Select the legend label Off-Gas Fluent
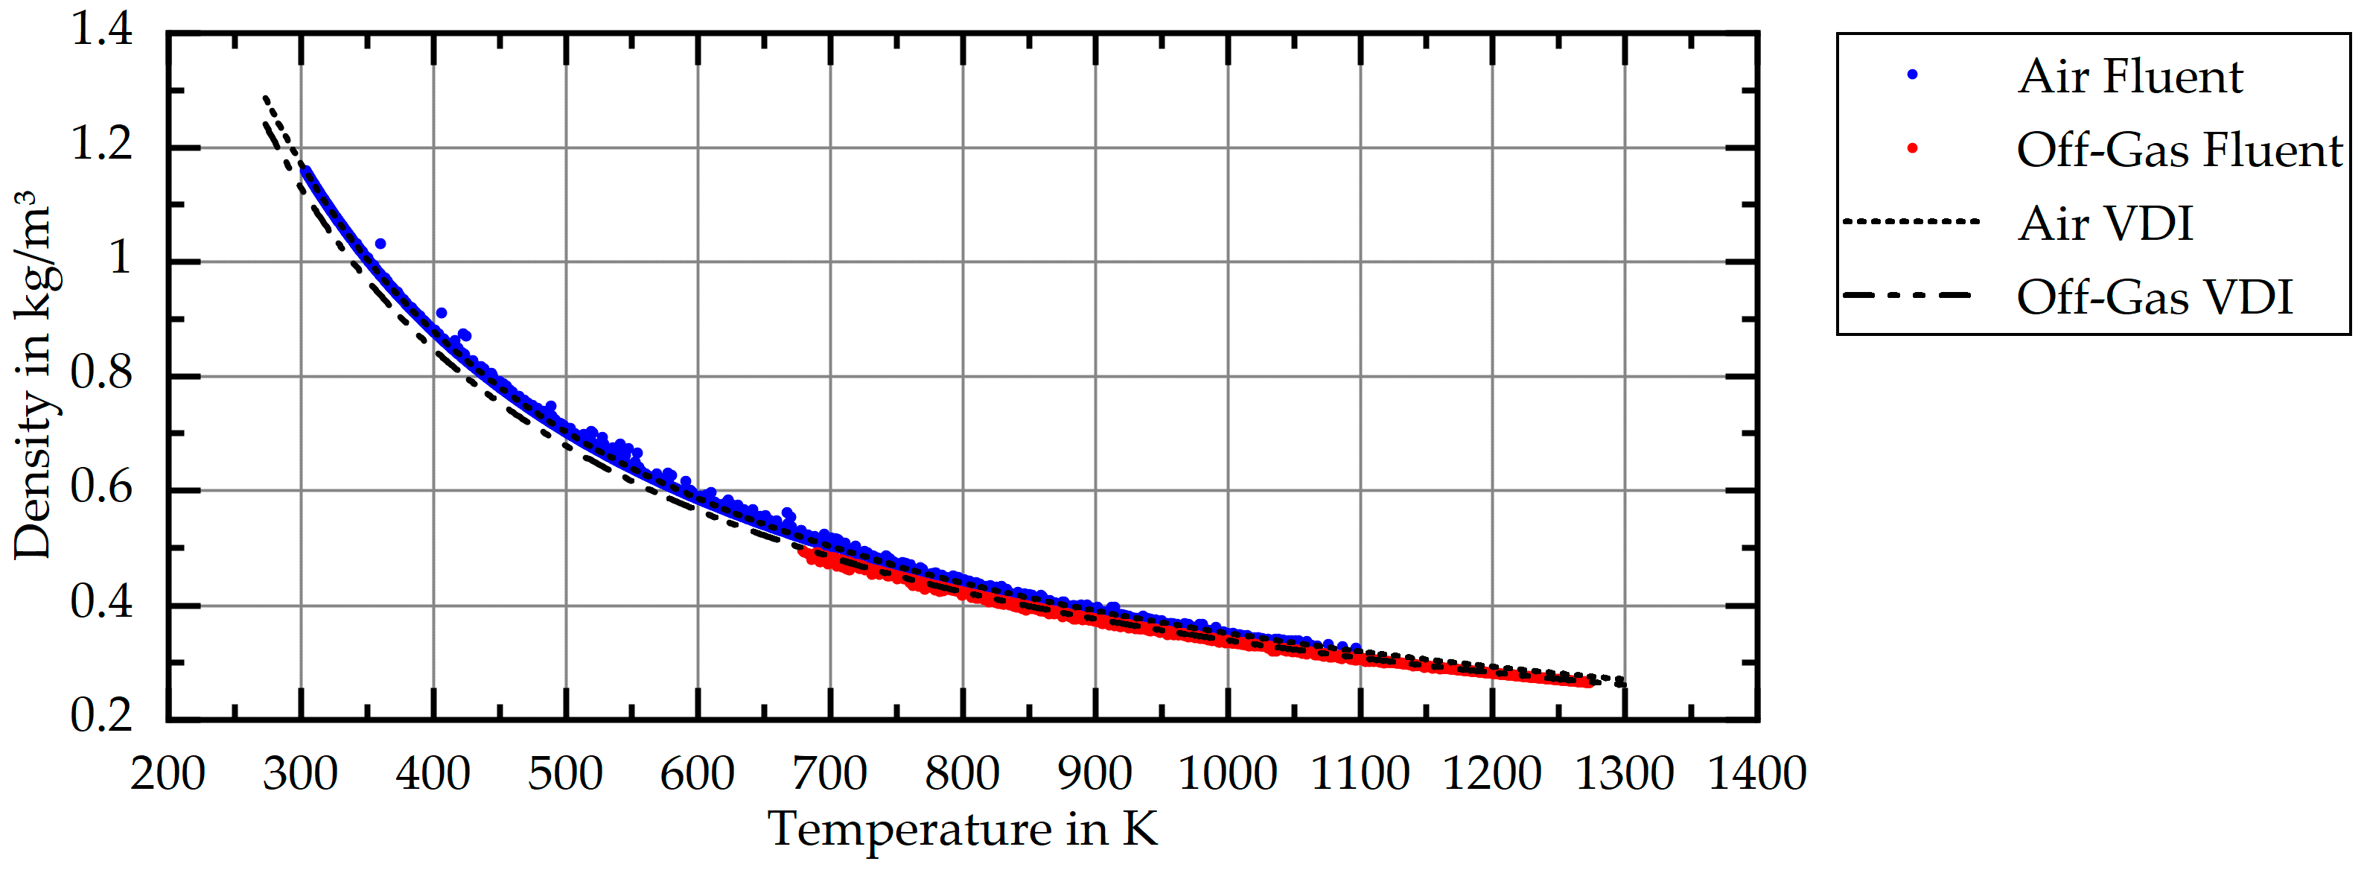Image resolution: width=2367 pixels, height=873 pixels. coord(2179,150)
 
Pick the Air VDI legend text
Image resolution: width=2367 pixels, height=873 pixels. coord(2105,224)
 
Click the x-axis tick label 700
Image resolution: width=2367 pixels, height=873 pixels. coord(829,773)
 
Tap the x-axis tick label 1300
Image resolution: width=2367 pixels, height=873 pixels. coord(1625,773)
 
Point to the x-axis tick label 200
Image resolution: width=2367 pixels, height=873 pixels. coord(168,773)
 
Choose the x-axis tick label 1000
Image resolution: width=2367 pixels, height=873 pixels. coord(1227,773)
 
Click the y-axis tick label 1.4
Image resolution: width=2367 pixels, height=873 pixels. coord(102,31)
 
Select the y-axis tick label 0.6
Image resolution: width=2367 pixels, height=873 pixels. coord(102,488)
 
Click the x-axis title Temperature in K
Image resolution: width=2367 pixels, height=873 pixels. coord(962,829)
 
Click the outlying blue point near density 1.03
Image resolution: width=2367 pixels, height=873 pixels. coord(380,244)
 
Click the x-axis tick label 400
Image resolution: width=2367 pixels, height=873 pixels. coord(433,773)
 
